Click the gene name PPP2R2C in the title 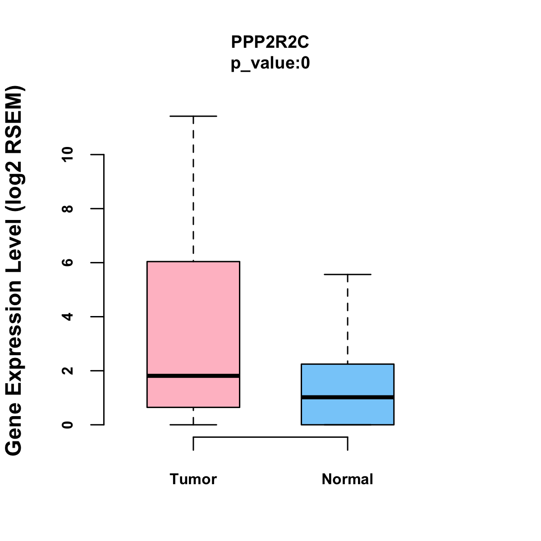pos(270,42)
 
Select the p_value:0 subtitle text pos(270,64)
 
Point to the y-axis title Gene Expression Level pos(14,270)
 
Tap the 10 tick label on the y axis pos(68,155)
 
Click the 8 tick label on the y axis pos(68,209)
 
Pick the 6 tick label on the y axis pos(68,262)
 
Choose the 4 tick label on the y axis pos(68,316)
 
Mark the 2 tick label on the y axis pos(68,371)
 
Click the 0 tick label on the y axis pos(68,425)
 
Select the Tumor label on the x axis pos(193,479)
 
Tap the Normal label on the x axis pos(347,479)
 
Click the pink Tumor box pos(193,316)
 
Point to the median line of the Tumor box pos(193,376)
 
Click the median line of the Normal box pos(347,397)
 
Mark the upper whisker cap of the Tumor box pos(193,116)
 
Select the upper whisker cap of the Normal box pos(347,274)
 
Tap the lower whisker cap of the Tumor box pos(193,425)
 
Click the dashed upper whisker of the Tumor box pos(193,189)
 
